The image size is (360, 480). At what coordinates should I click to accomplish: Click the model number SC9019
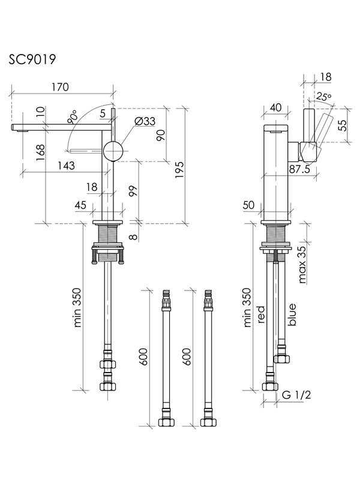click(33, 59)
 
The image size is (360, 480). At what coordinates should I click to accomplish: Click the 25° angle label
click(324, 97)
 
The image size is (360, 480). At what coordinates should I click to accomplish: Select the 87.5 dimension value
click(299, 169)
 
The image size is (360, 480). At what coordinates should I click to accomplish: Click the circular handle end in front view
click(112, 151)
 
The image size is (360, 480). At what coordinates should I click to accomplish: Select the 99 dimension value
click(133, 192)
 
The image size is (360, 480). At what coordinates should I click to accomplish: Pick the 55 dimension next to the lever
click(342, 125)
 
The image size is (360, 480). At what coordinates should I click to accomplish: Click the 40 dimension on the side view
click(276, 107)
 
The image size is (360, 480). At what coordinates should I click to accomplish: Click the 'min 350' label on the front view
click(77, 307)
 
